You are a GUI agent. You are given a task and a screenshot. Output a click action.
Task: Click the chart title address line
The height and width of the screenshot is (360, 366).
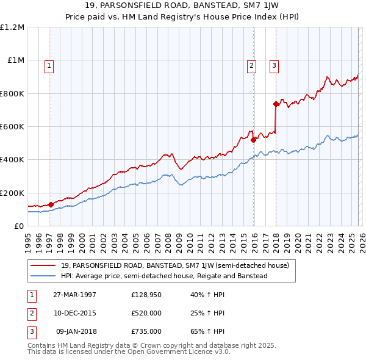coord(183,7)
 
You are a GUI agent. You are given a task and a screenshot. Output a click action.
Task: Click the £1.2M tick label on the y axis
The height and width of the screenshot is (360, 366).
coord(13,27)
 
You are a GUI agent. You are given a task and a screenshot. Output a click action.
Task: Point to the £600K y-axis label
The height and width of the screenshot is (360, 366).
coord(13,126)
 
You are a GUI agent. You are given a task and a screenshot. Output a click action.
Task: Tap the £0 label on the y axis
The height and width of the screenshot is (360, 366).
coord(20,226)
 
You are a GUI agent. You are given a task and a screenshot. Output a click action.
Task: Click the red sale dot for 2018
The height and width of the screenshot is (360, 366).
coord(276,104)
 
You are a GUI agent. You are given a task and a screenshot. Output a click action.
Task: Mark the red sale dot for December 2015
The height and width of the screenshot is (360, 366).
coord(253,140)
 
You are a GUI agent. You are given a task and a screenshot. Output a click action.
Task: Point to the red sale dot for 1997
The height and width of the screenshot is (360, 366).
coord(51,204)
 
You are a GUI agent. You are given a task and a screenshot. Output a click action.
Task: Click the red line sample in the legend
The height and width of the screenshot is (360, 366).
coord(43,265)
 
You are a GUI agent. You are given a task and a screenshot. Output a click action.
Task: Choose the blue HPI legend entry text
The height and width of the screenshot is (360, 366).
coord(163,276)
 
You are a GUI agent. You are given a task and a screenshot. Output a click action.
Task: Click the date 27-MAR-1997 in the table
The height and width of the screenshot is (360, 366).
coord(75,295)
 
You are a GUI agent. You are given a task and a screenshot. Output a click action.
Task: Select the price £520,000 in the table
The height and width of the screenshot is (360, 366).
coord(146,313)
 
